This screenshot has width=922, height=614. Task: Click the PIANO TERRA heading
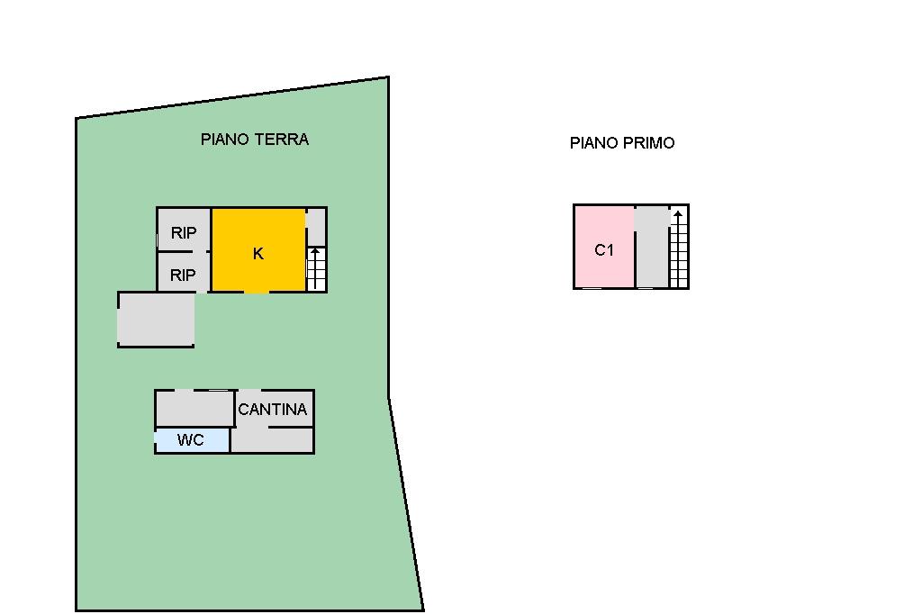(x=255, y=140)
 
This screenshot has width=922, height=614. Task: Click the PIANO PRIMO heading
(x=622, y=143)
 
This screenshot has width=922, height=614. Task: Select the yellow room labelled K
(x=258, y=250)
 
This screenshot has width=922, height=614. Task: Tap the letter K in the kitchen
(x=258, y=254)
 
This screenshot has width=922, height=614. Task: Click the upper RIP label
(x=184, y=233)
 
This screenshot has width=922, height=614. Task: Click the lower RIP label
(x=183, y=275)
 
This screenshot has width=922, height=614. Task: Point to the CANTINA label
(x=272, y=410)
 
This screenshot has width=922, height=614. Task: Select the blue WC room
(x=192, y=440)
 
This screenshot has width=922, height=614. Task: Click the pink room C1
(x=604, y=247)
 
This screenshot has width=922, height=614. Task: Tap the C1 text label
(x=604, y=250)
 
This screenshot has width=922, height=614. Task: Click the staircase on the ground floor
(x=316, y=269)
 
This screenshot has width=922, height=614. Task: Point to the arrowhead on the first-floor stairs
(x=678, y=214)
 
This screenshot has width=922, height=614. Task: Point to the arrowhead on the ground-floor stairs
(x=315, y=252)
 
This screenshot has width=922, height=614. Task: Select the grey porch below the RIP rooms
(x=156, y=320)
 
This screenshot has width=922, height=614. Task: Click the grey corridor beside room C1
(x=652, y=247)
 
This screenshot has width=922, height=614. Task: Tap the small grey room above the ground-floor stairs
(x=316, y=227)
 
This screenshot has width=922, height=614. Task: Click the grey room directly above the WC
(x=194, y=408)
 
